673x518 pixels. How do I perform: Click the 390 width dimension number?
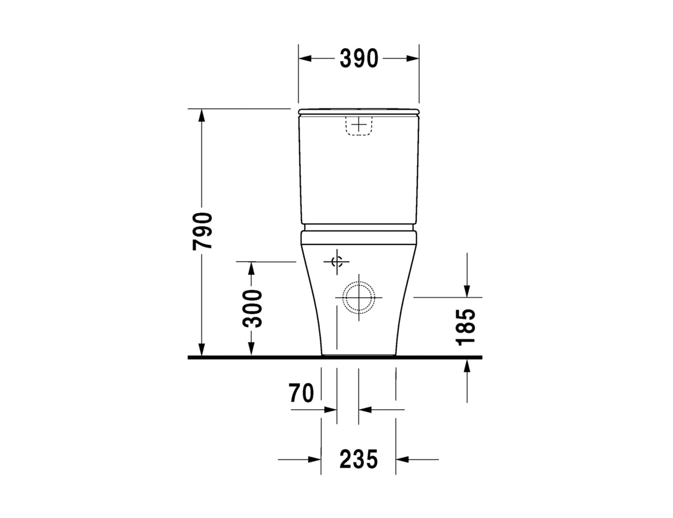(359, 58)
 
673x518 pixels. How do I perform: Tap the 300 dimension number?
(252, 308)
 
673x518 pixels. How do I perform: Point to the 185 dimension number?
(465, 327)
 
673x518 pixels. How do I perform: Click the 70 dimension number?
(301, 393)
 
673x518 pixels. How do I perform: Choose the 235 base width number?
(359, 459)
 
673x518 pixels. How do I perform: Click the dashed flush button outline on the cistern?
(359, 126)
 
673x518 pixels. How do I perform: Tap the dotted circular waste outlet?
(359, 297)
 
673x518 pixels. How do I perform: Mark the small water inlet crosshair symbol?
(336, 262)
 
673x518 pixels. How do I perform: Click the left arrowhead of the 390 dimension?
(305, 58)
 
